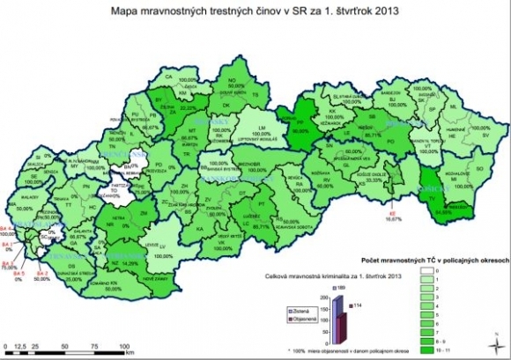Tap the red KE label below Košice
click(390, 214)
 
